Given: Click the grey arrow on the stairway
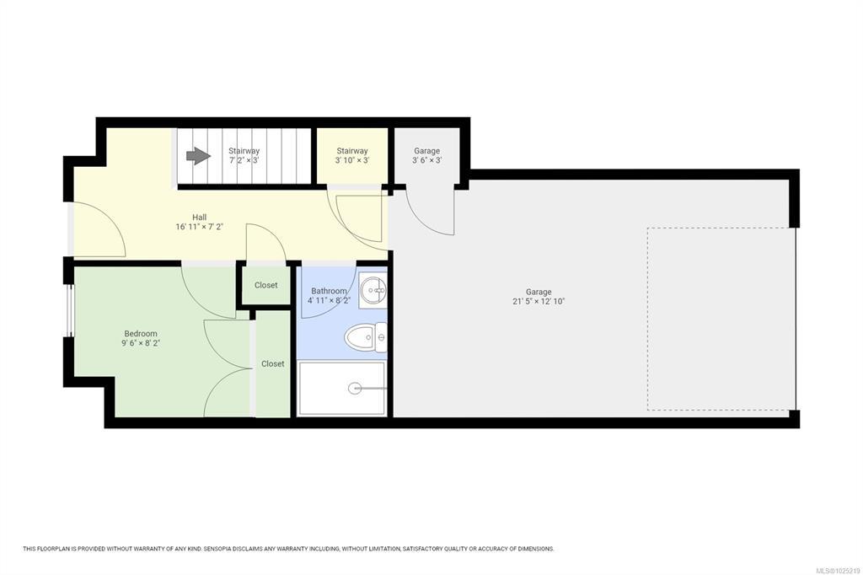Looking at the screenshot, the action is (x=198, y=156).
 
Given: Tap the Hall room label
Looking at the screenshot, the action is (x=199, y=217).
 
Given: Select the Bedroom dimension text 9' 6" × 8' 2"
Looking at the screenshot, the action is (x=141, y=343).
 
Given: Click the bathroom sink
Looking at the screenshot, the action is (x=373, y=289).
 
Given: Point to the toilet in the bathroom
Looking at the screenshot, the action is (x=366, y=336).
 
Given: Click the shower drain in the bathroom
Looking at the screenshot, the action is (x=355, y=389).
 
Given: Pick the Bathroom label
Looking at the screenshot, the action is (x=330, y=291).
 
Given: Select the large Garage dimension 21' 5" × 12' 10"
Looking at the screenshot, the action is (x=539, y=301).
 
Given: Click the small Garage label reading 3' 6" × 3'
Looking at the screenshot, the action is (x=427, y=160).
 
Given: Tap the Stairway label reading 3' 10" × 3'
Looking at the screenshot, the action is (x=352, y=160).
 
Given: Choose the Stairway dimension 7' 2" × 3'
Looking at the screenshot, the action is (x=244, y=160).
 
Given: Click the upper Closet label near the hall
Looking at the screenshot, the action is (x=265, y=285).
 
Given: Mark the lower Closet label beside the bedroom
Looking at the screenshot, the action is (x=273, y=363).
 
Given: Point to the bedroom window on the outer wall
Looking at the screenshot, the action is (x=71, y=310).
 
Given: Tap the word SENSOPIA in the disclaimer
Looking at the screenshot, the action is (x=218, y=549).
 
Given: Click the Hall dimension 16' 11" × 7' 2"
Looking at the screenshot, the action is (x=199, y=226).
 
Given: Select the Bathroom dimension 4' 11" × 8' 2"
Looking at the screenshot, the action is (x=330, y=300).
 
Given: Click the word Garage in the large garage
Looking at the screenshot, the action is (x=539, y=292).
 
